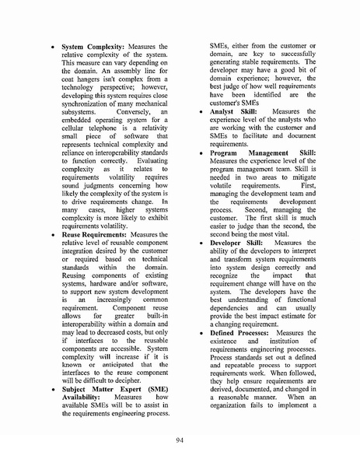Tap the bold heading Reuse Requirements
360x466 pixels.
93,233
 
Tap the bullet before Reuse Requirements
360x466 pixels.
51,234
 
